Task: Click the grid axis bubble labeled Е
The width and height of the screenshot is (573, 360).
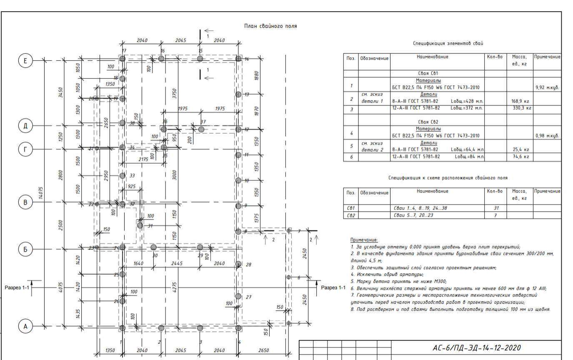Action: [25, 61]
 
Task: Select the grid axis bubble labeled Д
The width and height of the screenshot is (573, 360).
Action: [25, 126]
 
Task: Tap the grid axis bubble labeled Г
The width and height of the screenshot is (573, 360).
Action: [25, 148]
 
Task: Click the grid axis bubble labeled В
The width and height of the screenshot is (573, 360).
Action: [25, 202]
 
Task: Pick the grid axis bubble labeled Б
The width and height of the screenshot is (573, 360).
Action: [25, 250]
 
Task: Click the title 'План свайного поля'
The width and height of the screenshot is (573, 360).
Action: [270, 26]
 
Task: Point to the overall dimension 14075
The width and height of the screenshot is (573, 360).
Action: [40, 193]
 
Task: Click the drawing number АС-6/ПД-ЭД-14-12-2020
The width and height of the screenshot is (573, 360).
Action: [477, 348]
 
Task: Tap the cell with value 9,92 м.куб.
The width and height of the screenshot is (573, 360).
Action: [547, 88]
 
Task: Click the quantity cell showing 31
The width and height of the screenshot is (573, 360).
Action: [495, 208]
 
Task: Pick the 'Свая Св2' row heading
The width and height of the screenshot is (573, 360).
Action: [428, 122]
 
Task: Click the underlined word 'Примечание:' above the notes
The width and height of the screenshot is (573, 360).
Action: [364, 240]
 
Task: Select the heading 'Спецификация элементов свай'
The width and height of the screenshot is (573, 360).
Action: [448, 43]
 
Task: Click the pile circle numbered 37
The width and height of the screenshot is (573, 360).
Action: [201, 130]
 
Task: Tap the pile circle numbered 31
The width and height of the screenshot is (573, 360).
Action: [140, 225]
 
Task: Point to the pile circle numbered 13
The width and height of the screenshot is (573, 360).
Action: [238, 95]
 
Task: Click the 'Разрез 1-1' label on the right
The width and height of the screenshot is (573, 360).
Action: [333, 287]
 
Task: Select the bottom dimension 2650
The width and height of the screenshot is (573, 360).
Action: [263, 350]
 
